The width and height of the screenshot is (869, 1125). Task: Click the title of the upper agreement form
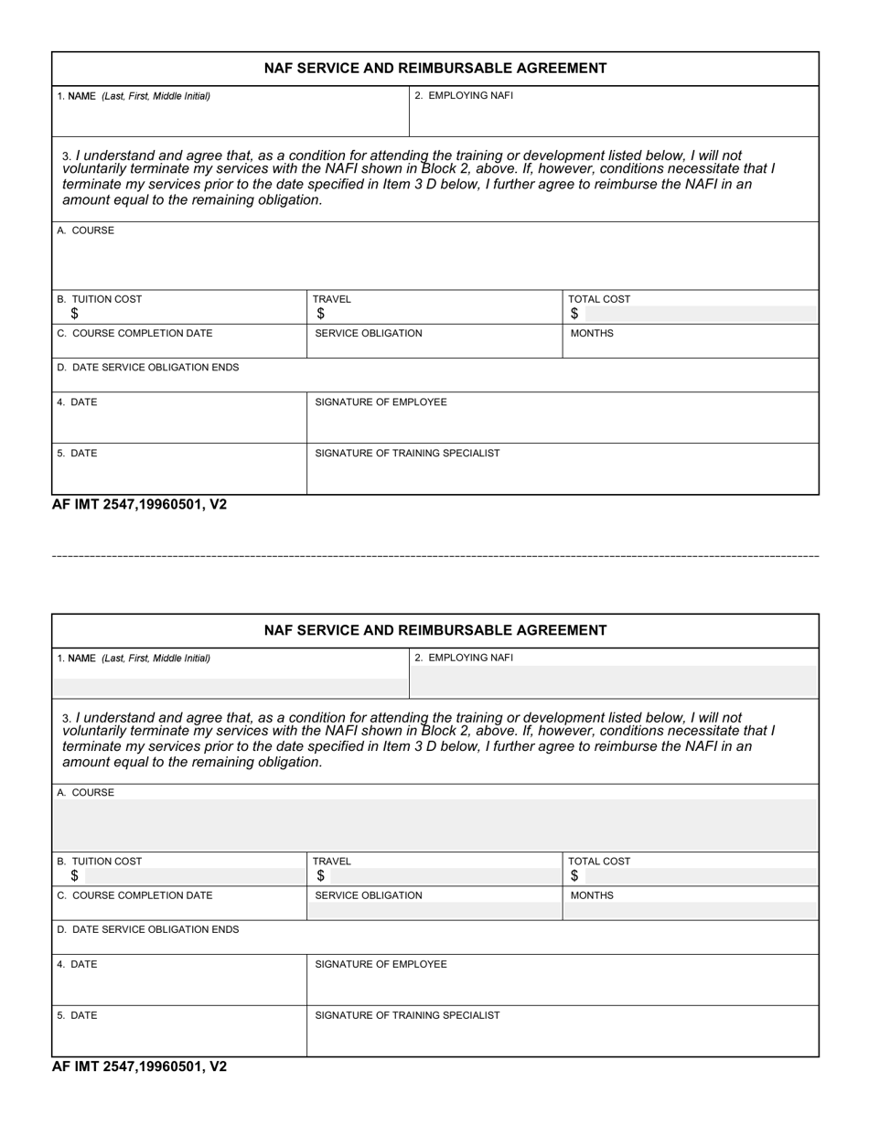pyautogui.click(x=435, y=69)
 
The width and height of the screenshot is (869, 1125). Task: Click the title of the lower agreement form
pyautogui.click(x=435, y=630)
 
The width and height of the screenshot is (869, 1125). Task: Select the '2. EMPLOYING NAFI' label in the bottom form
pyautogui.click(x=464, y=658)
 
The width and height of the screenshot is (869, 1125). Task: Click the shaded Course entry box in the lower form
pyautogui.click(x=435, y=825)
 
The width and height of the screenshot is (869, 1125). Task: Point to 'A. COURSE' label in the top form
pyautogui.click(x=86, y=230)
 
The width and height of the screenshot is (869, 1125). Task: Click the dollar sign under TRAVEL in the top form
pyautogui.click(x=320, y=314)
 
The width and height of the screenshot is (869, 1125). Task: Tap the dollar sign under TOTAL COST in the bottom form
pyautogui.click(x=574, y=876)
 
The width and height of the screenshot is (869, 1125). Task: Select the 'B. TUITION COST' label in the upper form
pyautogui.click(x=100, y=299)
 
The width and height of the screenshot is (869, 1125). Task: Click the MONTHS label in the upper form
pyautogui.click(x=592, y=334)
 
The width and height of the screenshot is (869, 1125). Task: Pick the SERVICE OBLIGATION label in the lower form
pyautogui.click(x=369, y=895)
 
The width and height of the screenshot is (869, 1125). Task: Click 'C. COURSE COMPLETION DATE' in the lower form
pyautogui.click(x=134, y=895)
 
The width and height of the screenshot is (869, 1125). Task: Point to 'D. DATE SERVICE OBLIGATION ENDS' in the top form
pyautogui.click(x=148, y=368)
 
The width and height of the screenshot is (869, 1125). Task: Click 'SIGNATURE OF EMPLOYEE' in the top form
pyautogui.click(x=381, y=402)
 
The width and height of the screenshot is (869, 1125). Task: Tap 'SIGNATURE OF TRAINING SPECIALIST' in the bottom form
pyautogui.click(x=407, y=1015)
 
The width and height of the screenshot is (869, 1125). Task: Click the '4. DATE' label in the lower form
pyautogui.click(x=77, y=964)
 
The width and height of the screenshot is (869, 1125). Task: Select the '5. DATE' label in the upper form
pyautogui.click(x=77, y=454)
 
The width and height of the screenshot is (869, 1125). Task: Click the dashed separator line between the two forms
pyautogui.click(x=435, y=556)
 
